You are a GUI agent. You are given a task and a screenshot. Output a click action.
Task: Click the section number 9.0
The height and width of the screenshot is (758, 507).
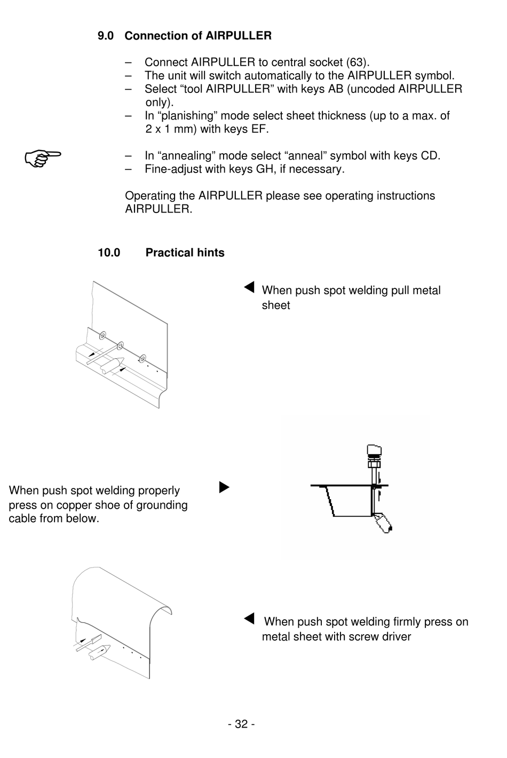point(106,36)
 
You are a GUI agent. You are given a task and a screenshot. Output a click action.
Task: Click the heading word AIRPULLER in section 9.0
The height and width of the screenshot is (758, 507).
point(239,36)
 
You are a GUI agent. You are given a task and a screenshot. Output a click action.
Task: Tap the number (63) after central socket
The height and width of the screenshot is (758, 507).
point(357,62)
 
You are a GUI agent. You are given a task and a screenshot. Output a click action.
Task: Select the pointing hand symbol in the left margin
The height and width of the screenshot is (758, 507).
point(43,157)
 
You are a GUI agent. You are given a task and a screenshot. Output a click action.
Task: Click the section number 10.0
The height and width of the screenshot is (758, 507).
point(109,253)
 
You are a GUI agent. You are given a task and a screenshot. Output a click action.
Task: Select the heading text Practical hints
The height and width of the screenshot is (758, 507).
point(185,253)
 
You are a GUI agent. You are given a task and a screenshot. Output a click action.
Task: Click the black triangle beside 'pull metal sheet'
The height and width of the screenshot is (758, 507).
point(249,287)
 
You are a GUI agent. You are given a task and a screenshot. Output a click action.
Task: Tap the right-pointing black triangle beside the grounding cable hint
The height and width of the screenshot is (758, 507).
point(224,487)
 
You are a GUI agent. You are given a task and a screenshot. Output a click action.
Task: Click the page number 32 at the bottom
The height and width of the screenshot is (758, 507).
point(241,724)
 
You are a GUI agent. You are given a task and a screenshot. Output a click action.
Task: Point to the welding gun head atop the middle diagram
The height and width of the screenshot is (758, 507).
point(374,453)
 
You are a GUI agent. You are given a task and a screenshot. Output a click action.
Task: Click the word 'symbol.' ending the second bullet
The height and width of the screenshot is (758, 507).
point(434,76)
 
